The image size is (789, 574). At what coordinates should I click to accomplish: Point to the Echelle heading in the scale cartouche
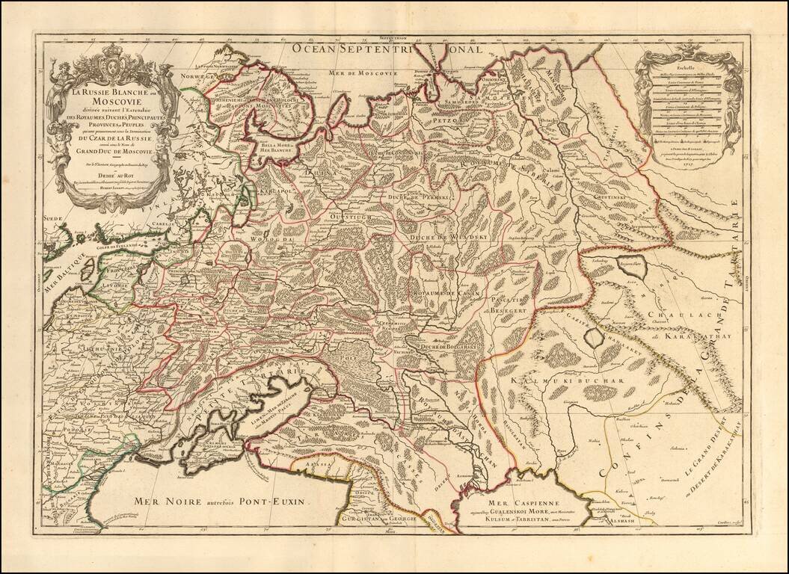pos(687,67)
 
